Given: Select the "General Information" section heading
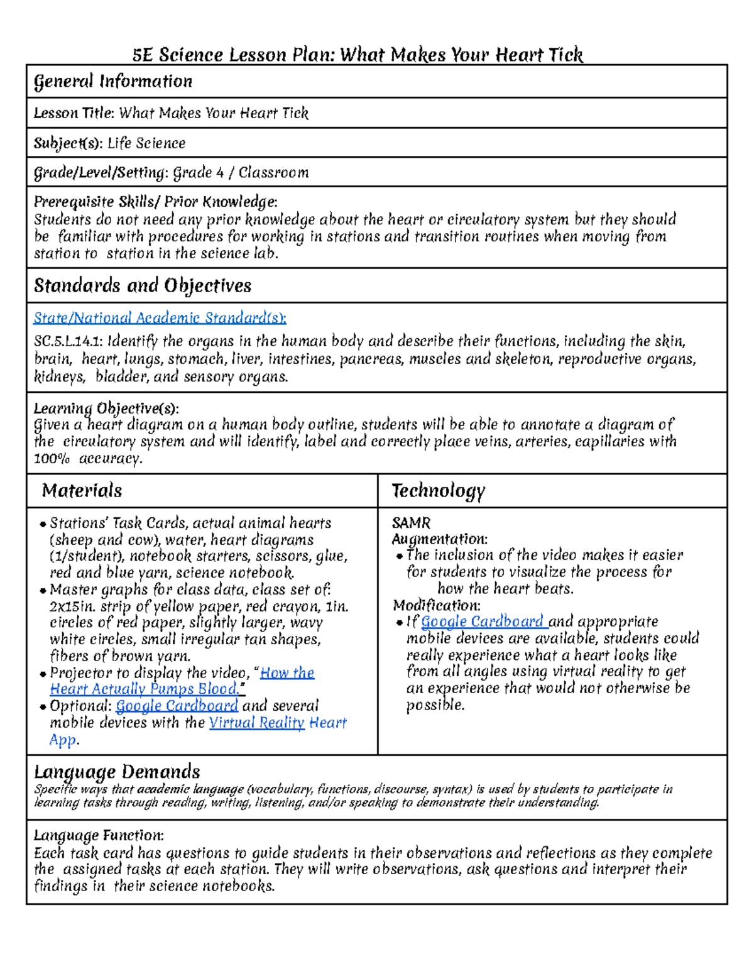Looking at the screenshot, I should (113, 82).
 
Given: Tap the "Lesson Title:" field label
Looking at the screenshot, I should (74, 114).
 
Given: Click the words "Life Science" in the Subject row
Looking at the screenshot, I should (146, 143).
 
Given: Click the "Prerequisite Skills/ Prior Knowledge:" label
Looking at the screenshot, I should (155, 202).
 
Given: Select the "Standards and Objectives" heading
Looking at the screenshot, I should (143, 286).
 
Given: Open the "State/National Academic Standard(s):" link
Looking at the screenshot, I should (160, 318).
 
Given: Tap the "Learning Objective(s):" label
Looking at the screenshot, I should (106, 408).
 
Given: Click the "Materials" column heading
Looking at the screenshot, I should (82, 491).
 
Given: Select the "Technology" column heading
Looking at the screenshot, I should (438, 491).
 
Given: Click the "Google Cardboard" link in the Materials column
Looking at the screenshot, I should (177, 706).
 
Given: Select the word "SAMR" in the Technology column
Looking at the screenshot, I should (411, 523).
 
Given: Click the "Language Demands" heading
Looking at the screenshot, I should (117, 772).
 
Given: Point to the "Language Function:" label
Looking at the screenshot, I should (99, 836).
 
